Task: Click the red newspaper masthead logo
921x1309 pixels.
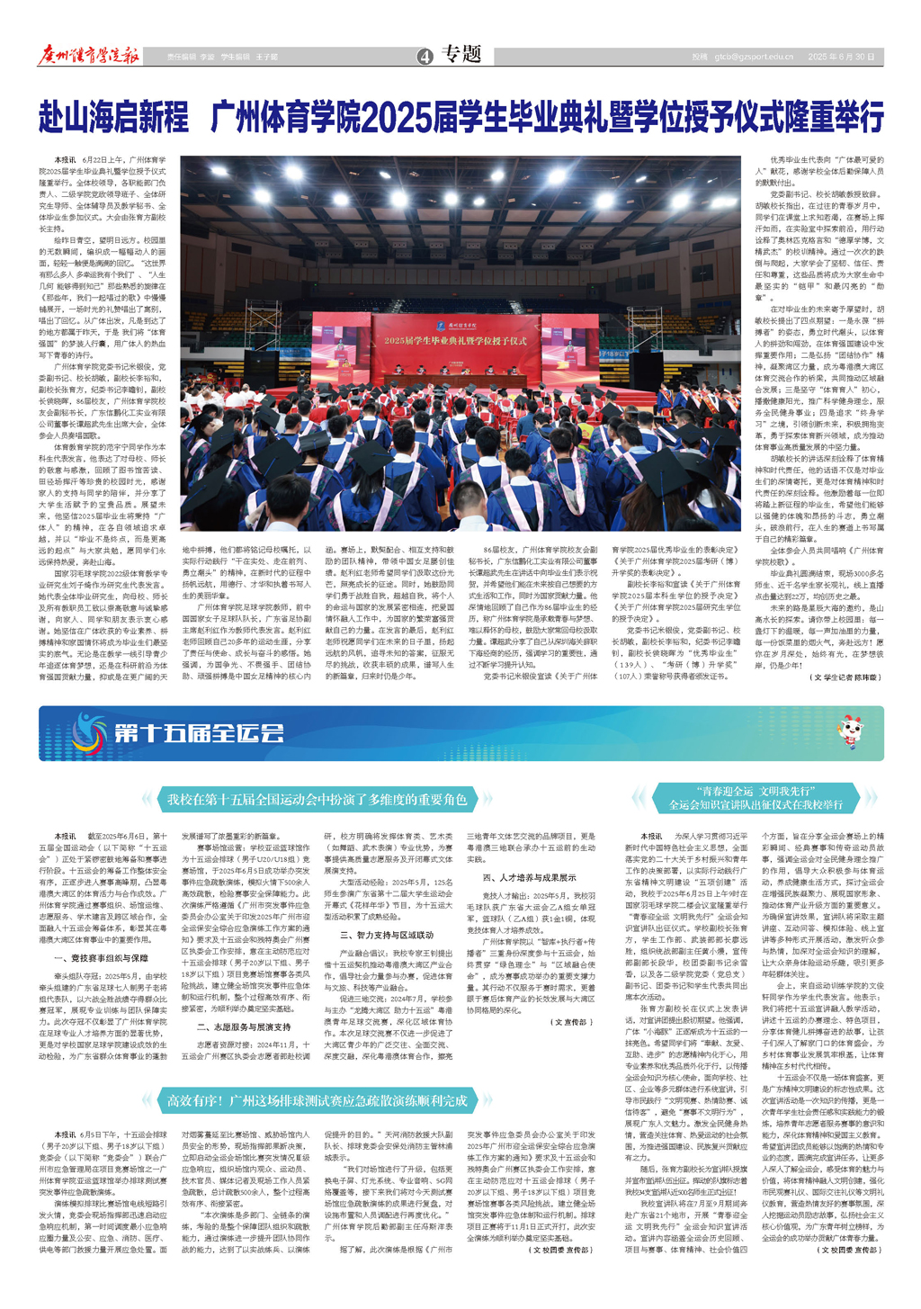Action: [x=89, y=56]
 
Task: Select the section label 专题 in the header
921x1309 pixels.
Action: [x=463, y=55]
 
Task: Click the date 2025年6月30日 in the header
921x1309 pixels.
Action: [x=841, y=57]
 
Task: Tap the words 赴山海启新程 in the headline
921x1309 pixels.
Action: [x=112, y=117]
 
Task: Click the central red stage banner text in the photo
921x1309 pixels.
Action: [x=456, y=341]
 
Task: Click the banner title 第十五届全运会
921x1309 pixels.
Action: [x=199, y=733]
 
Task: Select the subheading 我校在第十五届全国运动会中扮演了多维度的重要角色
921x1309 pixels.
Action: [x=317, y=799]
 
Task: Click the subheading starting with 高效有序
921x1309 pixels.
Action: [x=317, y=1100]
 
